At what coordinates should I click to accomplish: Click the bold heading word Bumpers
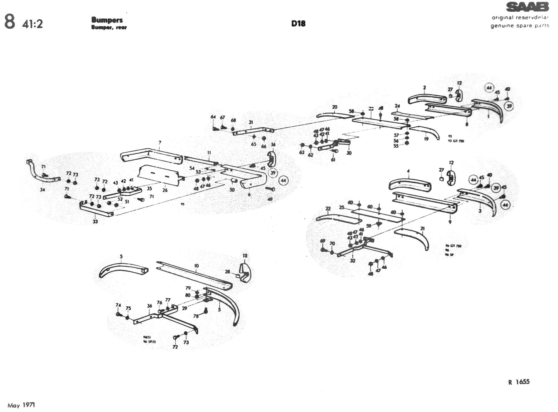107,20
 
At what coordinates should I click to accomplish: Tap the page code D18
298,24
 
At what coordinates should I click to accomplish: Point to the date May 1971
21,405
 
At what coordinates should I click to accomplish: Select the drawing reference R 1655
519,382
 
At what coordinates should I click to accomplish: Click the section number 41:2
32,24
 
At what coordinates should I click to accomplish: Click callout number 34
42,190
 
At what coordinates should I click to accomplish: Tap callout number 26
165,190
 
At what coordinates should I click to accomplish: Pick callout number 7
160,142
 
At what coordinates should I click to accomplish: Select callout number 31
251,122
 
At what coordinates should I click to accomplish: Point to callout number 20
334,107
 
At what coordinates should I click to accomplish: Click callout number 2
424,88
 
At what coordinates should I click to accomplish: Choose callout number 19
426,139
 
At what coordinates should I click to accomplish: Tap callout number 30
349,153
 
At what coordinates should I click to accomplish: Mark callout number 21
422,228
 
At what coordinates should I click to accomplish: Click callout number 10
197,266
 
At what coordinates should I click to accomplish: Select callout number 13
245,256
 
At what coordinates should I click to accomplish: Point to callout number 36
150,306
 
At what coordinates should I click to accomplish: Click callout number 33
95,221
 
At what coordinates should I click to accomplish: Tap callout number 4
408,171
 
